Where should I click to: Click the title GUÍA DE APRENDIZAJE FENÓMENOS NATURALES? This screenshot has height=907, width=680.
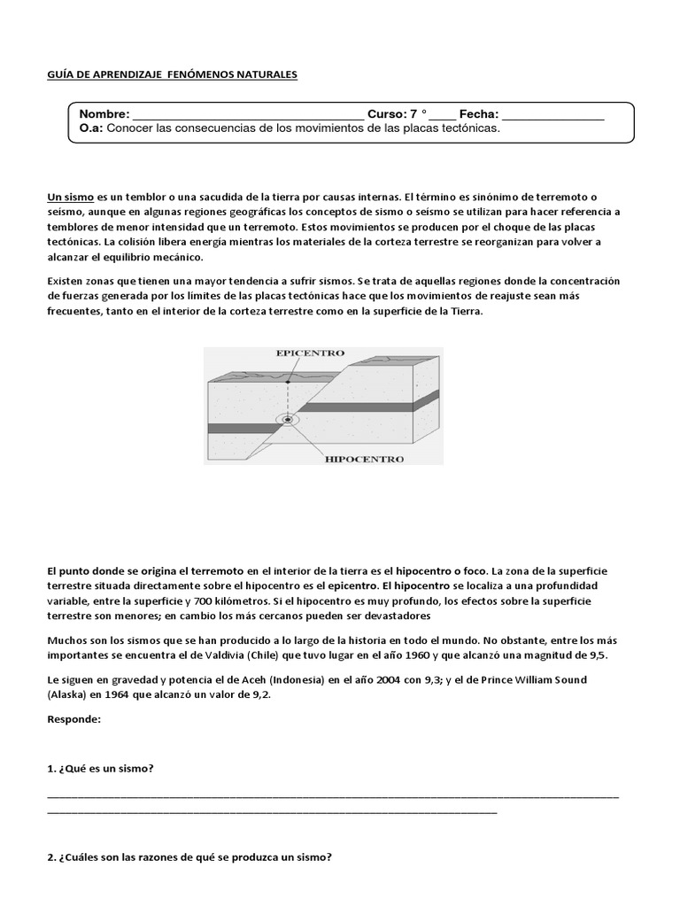[x=172, y=75]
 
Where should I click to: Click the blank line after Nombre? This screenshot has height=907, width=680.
[x=247, y=115]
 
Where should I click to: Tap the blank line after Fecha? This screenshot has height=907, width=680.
[x=552, y=115]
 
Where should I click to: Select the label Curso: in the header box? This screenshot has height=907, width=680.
[x=386, y=114]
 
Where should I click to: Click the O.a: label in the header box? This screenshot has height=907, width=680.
[x=91, y=128]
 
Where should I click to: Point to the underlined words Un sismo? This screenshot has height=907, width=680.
[x=70, y=196]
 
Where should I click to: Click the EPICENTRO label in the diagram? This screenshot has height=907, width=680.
[x=310, y=353]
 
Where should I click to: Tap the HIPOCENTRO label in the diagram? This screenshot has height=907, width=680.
[x=365, y=460]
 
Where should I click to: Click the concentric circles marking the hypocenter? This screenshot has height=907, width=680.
[x=288, y=418]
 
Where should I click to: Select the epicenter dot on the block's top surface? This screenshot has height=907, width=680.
[x=287, y=382]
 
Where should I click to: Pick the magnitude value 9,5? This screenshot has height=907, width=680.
[x=623, y=655]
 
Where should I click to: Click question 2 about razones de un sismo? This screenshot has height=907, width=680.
[x=189, y=857]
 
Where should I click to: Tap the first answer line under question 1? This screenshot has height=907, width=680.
[x=333, y=796]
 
